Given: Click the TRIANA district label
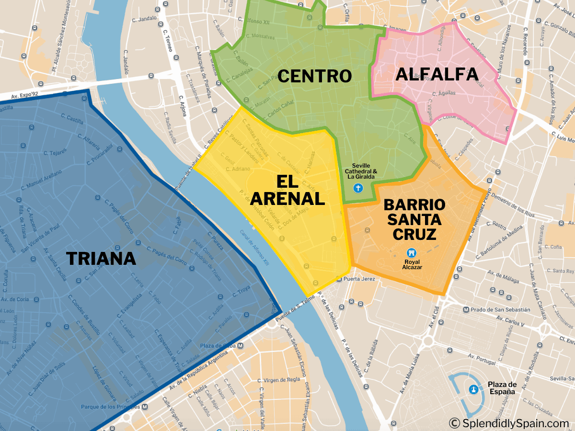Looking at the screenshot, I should pyautogui.click(x=101, y=259).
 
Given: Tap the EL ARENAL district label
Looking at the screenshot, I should pyautogui.click(x=287, y=190).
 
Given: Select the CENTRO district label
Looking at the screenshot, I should pyautogui.click(x=314, y=76).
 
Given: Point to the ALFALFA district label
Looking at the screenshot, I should pyautogui.click(x=437, y=74).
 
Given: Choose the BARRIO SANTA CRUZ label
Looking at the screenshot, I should pyautogui.click(x=414, y=219).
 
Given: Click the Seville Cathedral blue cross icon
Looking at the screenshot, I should pyautogui.click(x=357, y=188).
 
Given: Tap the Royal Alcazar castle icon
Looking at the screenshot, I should pyautogui.click(x=411, y=252).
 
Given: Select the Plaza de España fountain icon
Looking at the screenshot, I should pyautogui.click(x=474, y=389).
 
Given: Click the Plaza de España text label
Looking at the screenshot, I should pyautogui.click(x=502, y=388).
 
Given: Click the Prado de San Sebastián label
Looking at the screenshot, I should pyautogui.click(x=500, y=309).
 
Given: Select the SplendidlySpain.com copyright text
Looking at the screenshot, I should pyautogui.click(x=509, y=423).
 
